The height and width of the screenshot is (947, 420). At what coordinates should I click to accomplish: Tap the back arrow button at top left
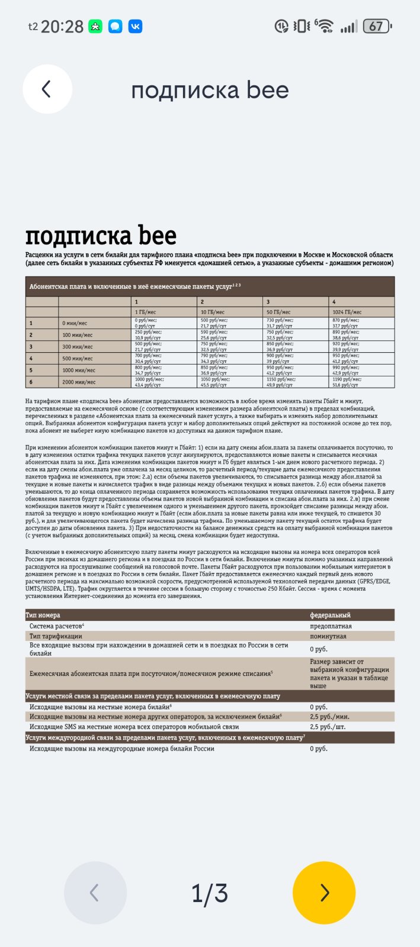pyautogui.click(x=47, y=89)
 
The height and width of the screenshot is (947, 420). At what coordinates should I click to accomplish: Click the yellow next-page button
pyautogui.click(x=324, y=893)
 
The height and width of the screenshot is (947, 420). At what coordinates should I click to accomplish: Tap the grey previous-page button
pyautogui.click(x=95, y=893)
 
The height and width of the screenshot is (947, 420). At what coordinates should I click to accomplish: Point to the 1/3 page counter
pyautogui.click(x=210, y=893)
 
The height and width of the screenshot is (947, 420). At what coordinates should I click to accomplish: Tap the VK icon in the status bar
pyautogui.click(x=135, y=26)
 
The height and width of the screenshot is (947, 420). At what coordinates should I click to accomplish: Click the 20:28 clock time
pyautogui.click(x=62, y=27)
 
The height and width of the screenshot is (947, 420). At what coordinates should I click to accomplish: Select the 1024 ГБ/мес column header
pyautogui.click(x=347, y=312)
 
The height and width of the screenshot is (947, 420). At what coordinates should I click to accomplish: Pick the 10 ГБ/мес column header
pyautogui.click(x=212, y=312)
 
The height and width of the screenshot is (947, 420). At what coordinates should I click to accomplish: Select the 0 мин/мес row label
pyautogui.click(x=75, y=323)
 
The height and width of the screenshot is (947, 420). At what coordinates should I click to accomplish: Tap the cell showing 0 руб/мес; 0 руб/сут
pyautogui.click(x=148, y=323)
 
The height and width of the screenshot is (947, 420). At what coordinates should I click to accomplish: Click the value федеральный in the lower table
pyautogui.click(x=330, y=615)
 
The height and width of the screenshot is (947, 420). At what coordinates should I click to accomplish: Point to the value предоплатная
pyautogui.click(x=331, y=626)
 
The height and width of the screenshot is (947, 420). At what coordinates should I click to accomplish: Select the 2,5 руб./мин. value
pyautogui.click(x=329, y=717)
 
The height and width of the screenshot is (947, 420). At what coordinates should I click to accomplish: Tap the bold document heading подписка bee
pyautogui.click(x=101, y=236)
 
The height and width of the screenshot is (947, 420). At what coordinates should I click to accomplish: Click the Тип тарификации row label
pyautogui.click(x=56, y=636)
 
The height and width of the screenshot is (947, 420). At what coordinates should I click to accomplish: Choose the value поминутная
pyautogui.click(x=328, y=636)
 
